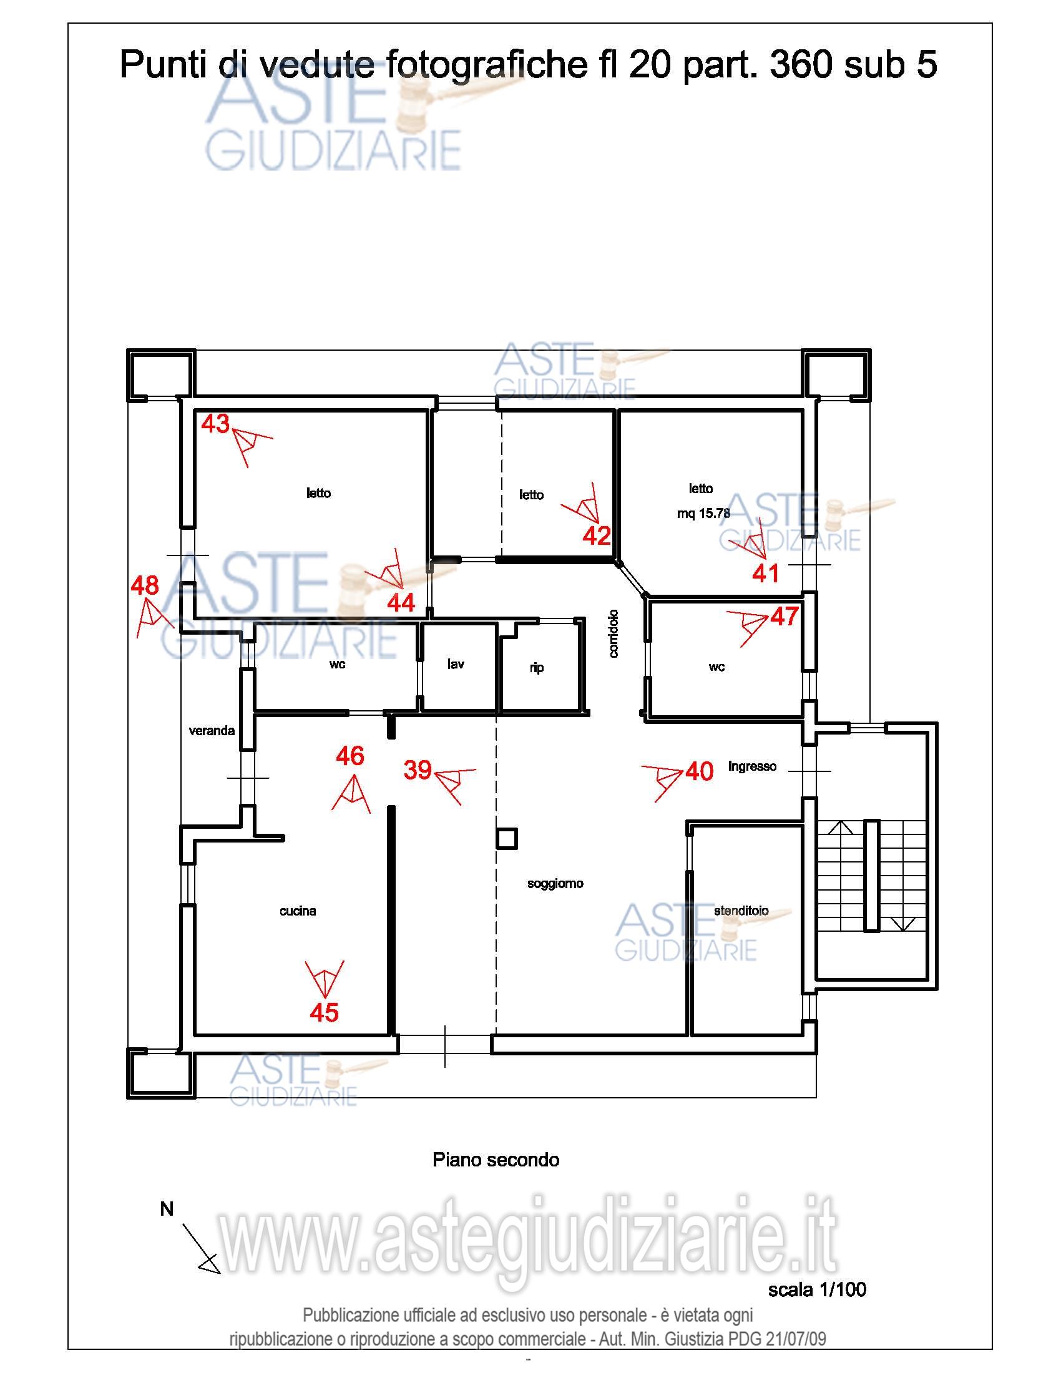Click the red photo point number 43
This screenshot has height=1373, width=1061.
(215, 424)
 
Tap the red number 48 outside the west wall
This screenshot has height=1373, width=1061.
(145, 586)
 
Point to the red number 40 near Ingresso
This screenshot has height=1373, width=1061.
(700, 771)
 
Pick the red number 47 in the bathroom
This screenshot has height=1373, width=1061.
(785, 617)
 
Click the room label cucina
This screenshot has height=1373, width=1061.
(298, 911)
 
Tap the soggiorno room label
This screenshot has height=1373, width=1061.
(555, 884)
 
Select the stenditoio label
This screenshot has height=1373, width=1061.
(741, 911)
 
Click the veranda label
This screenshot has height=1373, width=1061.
(212, 731)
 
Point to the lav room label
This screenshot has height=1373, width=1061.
(456, 664)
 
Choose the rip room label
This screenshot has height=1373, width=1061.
(536, 668)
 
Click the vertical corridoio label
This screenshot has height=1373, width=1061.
(614, 633)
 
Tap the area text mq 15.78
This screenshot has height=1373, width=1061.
(703, 514)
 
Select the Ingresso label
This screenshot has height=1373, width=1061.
(753, 766)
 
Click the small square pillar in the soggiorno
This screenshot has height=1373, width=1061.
(507, 839)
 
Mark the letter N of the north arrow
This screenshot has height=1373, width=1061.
(167, 1209)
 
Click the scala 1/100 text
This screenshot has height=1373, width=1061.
(817, 1289)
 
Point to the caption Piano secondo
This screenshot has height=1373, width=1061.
(496, 1160)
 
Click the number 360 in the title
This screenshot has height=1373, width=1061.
(801, 65)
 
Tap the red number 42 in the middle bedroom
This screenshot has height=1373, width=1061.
(597, 535)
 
